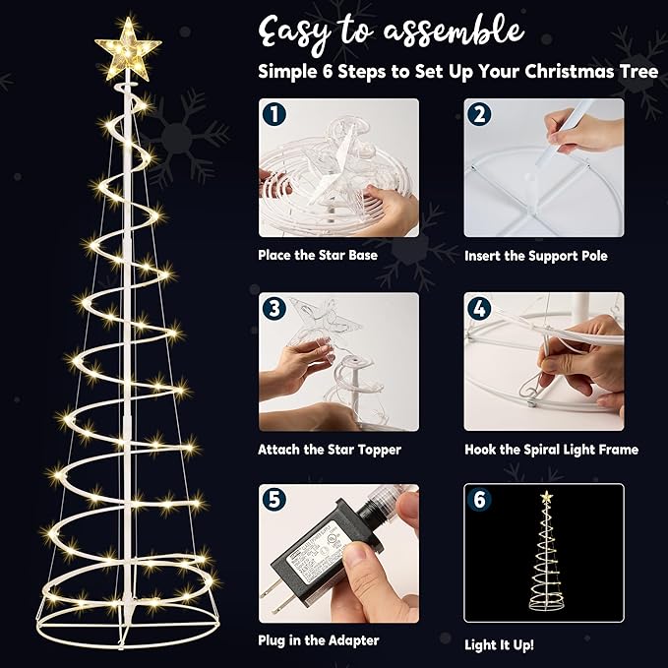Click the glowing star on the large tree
128,49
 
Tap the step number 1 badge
273,114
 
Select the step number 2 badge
479,114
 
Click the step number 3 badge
273,309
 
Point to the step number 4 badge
479,309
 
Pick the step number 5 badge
273,500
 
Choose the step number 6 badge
479,500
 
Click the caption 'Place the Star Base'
318,255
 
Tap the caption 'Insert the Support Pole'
536,256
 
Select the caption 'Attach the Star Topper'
330,450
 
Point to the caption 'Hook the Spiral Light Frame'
551,450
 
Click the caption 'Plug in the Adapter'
318,640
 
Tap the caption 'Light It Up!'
499,645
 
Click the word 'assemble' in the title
454,31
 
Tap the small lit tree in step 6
546,551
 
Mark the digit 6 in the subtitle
328,71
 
